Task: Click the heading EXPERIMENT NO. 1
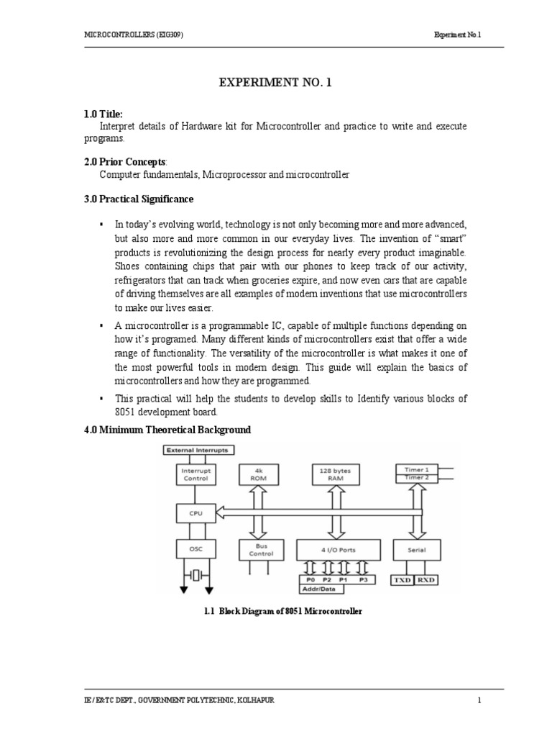point(276,84)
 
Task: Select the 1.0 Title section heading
point(106,114)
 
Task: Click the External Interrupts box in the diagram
point(197,451)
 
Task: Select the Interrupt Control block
point(196,474)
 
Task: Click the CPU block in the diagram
point(196,513)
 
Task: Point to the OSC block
point(196,550)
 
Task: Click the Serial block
point(417,550)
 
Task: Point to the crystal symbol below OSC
point(196,575)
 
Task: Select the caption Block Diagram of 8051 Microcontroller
point(282,611)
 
